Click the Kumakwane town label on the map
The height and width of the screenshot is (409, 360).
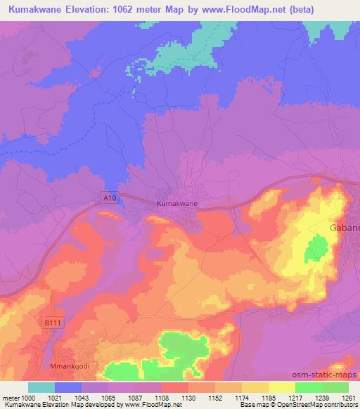[x=176, y=204]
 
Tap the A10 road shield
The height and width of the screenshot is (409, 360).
[x=108, y=198]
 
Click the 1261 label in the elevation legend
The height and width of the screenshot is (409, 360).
[x=349, y=398]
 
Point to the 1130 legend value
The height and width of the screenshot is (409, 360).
[x=188, y=398]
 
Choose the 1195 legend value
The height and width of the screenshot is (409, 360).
[x=269, y=398]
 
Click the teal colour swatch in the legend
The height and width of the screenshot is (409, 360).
[x=41, y=387]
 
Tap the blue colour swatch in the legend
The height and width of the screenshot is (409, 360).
[x=68, y=387]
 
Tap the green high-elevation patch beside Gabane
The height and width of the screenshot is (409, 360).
[x=318, y=248]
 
